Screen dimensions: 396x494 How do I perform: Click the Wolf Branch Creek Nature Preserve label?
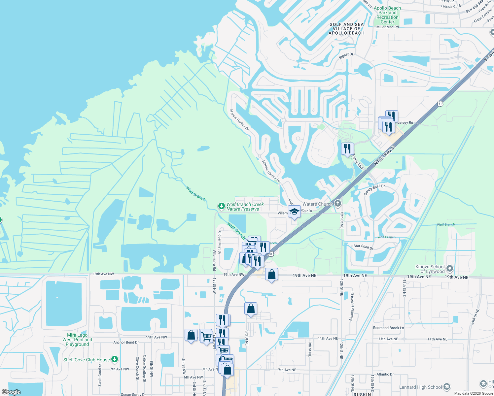coord(245,207)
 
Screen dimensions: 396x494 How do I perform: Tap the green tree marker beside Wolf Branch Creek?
coord(222,206)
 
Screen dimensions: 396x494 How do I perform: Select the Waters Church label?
coord(317,204)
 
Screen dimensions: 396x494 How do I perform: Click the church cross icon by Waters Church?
coord(337,203)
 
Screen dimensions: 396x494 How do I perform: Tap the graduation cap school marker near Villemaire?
coord(294,212)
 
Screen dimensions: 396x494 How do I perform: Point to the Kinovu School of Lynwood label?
coord(430,269)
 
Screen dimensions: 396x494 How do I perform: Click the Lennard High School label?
coord(420,387)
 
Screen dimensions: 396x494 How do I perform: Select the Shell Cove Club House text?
coord(87,360)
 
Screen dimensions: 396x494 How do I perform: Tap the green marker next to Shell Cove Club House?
coord(115,359)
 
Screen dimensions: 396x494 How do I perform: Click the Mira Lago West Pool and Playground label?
coord(77,340)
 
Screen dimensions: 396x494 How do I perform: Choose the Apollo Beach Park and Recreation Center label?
coord(387,15)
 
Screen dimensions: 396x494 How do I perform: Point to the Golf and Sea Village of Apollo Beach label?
coord(346,29)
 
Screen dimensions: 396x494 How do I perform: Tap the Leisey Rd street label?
coord(405,122)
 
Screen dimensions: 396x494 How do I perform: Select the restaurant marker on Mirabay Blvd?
coord(347,148)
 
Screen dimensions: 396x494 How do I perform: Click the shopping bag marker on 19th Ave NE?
coord(271,274)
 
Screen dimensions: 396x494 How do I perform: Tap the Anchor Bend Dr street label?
coord(126,342)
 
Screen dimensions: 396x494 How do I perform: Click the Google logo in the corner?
coord(11,392)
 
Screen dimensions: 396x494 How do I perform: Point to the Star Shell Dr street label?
coord(363,247)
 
